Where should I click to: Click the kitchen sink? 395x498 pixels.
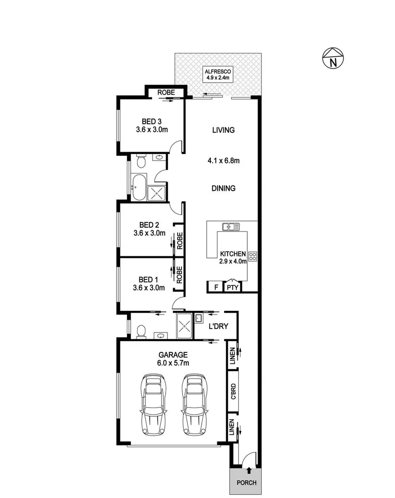231,227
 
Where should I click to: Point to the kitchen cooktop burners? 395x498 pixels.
253,257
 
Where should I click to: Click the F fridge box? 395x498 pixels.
214,287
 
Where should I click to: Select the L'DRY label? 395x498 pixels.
216,326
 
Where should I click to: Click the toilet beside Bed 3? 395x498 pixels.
141,161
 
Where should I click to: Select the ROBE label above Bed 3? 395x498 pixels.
166,93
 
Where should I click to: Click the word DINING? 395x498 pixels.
223,188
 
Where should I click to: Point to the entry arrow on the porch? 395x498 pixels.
249,470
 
